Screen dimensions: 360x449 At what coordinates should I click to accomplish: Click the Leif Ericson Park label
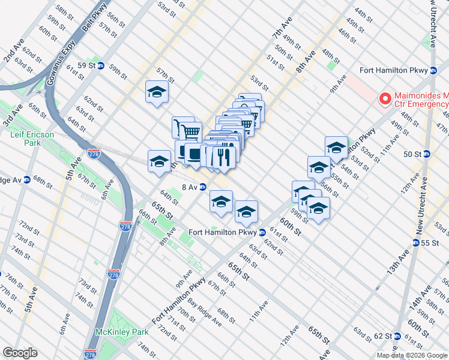[32, 139]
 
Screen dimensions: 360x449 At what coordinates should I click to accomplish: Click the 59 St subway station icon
[101, 65]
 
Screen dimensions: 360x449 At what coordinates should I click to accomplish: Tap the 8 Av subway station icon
[203, 187]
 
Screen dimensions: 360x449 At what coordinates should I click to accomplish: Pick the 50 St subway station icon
[427, 154]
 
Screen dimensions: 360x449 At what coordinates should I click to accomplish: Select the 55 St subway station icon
[416, 243]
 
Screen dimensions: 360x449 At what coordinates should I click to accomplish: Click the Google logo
[20, 352]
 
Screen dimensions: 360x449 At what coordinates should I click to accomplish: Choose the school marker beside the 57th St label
[157, 92]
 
